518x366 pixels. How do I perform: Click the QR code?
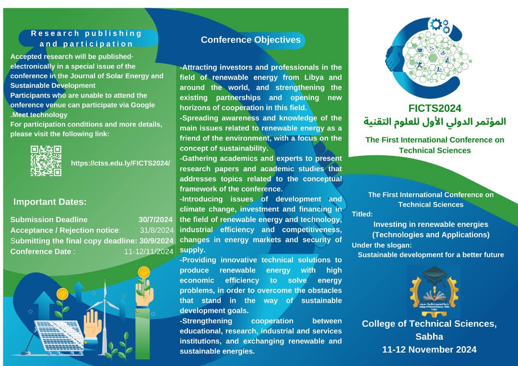pyautogui.click(x=46, y=161)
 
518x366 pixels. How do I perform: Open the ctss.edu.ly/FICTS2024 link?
pyautogui.click(x=120, y=163)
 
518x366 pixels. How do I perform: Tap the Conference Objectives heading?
pyautogui.click(x=250, y=40)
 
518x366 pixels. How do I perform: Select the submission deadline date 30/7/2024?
pyautogui.click(x=156, y=220)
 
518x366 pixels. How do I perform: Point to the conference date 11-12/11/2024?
pyautogui.click(x=149, y=251)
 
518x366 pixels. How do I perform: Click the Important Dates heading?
pyautogui.click(x=50, y=201)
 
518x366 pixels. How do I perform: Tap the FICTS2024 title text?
pyautogui.click(x=435, y=109)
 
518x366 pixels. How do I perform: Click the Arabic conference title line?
pyautogui.click(x=435, y=122)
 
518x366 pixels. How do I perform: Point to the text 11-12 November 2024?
pyautogui.click(x=429, y=349)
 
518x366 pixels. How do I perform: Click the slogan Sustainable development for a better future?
pyautogui.click(x=431, y=255)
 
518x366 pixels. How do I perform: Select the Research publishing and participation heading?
pyautogui.click(x=87, y=38)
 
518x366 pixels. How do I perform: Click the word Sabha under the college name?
pyautogui.click(x=429, y=336)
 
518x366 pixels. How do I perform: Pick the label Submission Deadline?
pyautogui.click(x=49, y=220)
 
